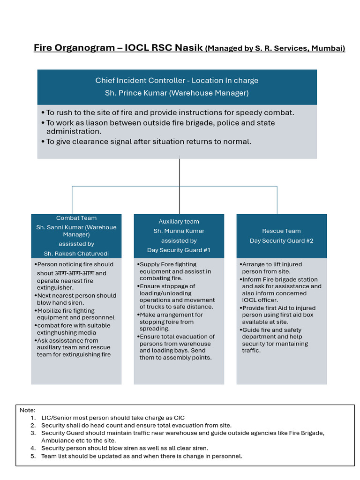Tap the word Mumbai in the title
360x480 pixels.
327,48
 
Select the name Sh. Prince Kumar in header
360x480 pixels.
135,93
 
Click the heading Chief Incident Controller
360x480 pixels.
141,80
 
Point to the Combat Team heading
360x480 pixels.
76,218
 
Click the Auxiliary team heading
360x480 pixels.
179,222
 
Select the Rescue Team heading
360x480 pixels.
281,231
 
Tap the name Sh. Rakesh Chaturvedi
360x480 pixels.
76,254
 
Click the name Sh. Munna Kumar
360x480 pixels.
179,231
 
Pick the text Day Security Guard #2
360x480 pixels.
281,240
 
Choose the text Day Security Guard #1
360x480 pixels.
179,250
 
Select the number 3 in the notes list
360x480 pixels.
33,433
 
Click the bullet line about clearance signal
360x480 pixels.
149,142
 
